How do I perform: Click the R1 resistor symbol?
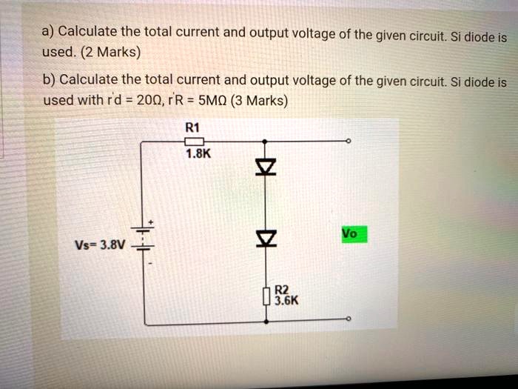point(193,141)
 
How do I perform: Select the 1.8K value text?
point(198,154)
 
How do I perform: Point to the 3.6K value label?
point(286,302)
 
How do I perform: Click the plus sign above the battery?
point(152,222)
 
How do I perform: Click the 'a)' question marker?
point(48,32)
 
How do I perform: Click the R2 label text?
point(281,290)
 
